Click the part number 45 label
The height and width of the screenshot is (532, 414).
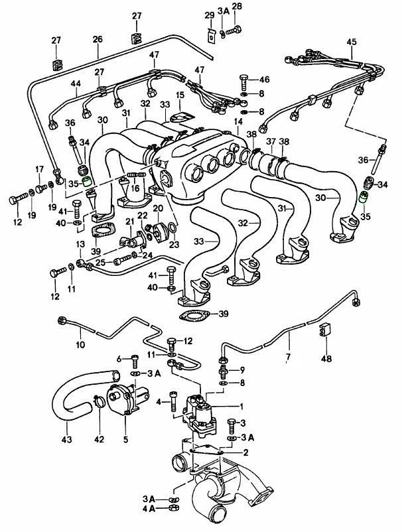pos(352,43)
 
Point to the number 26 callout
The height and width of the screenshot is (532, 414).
pos(98,40)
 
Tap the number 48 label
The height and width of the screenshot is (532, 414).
pos(326,359)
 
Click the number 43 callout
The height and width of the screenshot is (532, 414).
pos(66,439)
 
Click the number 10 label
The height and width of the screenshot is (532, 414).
pos(80,345)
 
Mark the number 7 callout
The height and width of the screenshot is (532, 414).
pos(288,358)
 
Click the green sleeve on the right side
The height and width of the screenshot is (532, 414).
pos(363,197)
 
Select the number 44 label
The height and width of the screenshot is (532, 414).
pos(76,84)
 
